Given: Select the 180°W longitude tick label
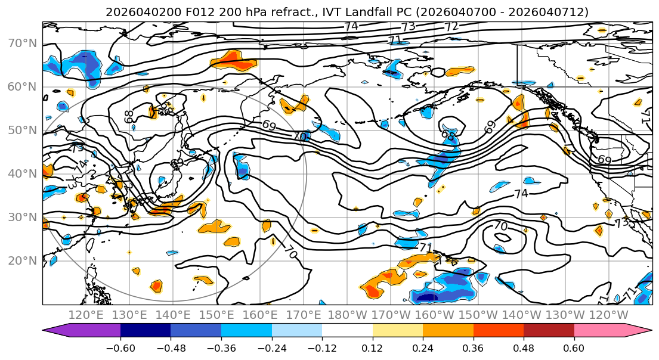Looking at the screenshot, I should coord(348,315).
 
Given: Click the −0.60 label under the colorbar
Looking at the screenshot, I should coord(120,347).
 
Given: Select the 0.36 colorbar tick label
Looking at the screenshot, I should coord(474,347).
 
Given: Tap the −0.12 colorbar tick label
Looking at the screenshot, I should coord(322,347).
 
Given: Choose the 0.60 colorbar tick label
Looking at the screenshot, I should coord(574,347).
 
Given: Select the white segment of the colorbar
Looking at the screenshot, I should coord(347,331).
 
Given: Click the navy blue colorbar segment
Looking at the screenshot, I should coord(146,331).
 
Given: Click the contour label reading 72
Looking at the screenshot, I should coord(451,27).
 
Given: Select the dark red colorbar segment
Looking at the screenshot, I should coord(549,331).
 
